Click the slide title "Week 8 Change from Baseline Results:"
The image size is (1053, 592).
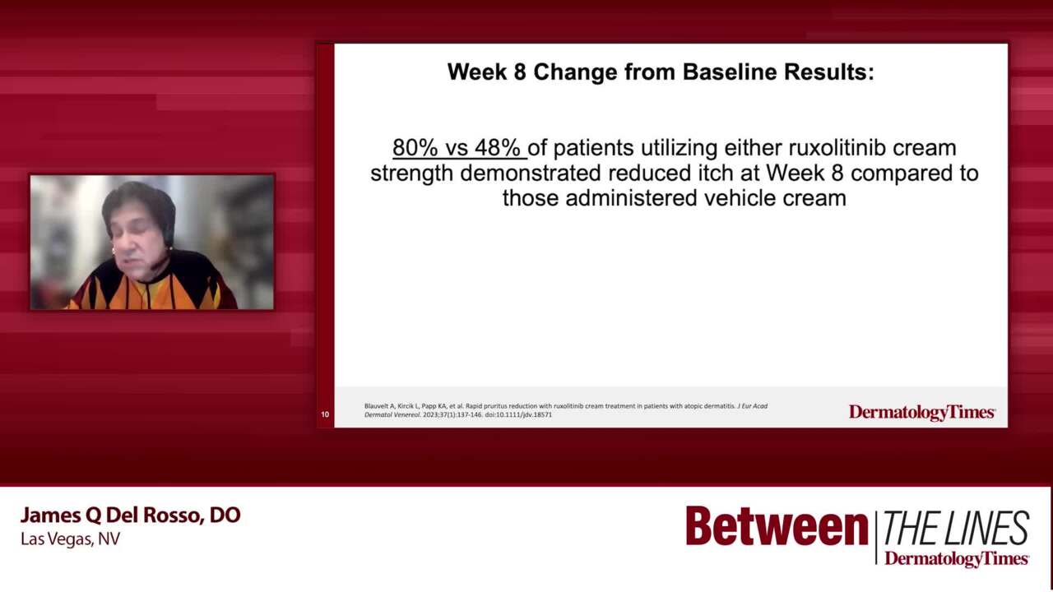coord(660,72)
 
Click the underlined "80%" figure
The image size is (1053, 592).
coord(415,148)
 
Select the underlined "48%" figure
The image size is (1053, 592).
coord(498,148)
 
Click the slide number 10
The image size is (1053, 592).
coord(325,414)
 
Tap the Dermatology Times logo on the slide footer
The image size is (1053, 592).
coord(921,412)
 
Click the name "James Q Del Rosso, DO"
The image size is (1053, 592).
coord(130,516)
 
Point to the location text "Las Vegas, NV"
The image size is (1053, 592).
coord(70,539)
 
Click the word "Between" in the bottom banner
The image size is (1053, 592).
coord(777,527)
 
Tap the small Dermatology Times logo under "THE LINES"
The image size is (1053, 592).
coord(956,559)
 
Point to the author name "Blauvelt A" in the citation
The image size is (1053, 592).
coord(381,406)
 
